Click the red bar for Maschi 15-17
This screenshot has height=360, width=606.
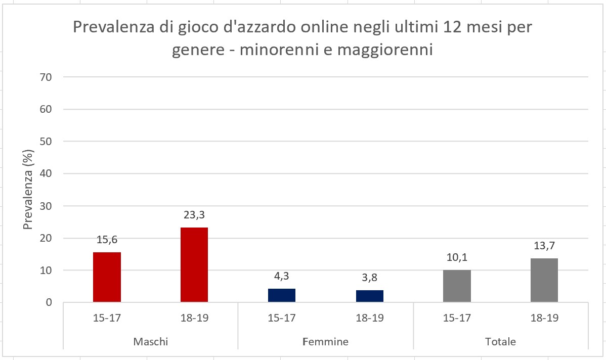click(107, 277)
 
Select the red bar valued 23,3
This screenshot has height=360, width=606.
click(194, 265)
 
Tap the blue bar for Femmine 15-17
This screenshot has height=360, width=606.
click(282, 295)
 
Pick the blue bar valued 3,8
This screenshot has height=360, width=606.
click(369, 296)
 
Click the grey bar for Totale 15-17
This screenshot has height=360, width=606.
click(457, 286)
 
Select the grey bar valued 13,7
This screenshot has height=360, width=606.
click(544, 280)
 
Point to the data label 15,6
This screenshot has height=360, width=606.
click(107, 240)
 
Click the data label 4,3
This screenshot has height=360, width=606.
click(282, 277)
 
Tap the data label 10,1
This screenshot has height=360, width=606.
click(457, 258)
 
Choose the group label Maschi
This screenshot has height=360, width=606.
click(150, 342)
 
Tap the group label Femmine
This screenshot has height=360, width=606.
click(325, 342)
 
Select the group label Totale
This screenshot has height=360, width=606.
click(500, 342)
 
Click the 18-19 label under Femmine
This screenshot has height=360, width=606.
click(369, 319)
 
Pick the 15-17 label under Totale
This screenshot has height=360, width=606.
click(457, 319)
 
